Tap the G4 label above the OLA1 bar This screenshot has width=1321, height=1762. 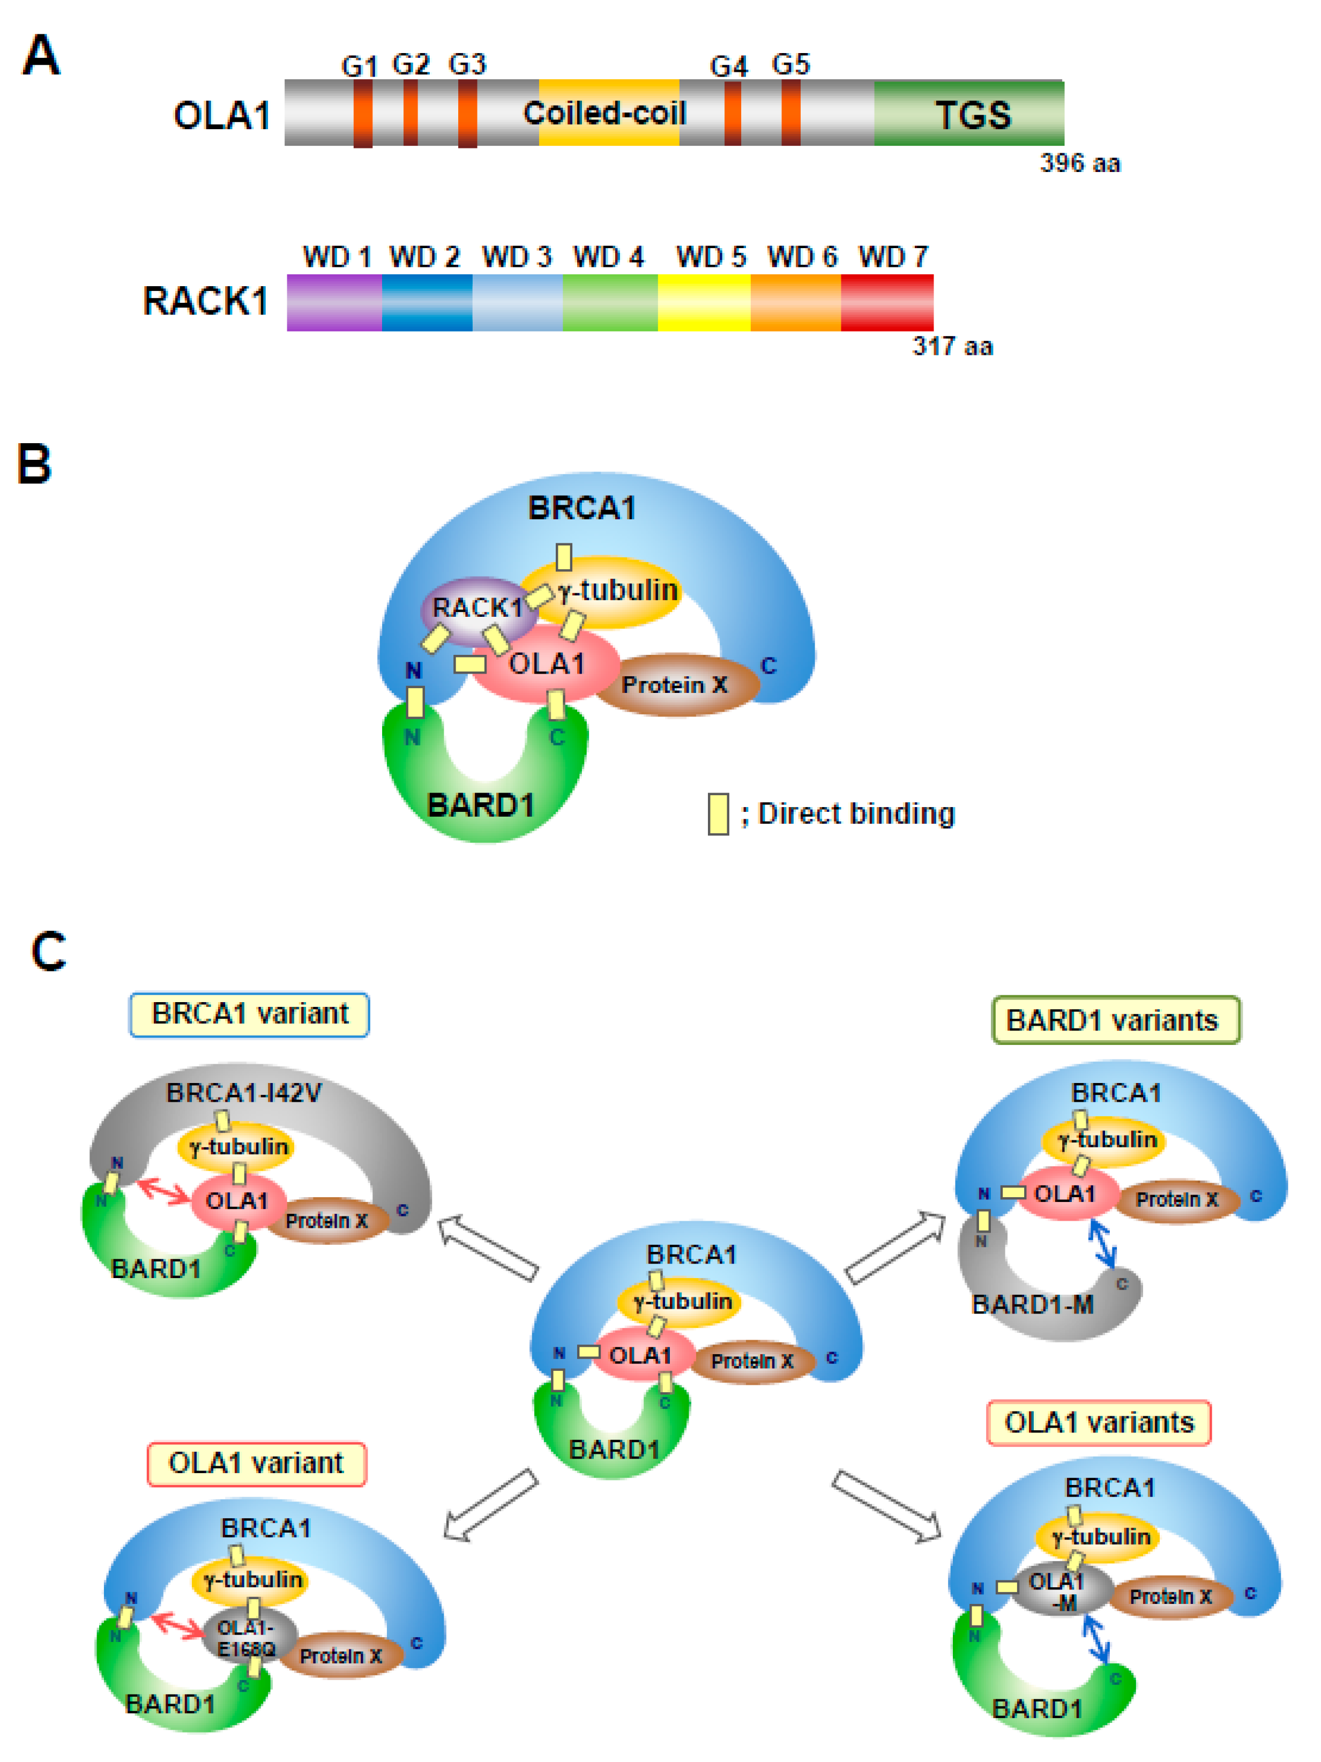[728, 66]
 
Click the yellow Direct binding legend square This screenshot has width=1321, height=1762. [718, 813]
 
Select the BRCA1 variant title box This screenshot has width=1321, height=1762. [249, 1014]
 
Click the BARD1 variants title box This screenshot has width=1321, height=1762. [1115, 1020]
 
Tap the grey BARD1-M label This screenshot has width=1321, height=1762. [1032, 1304]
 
